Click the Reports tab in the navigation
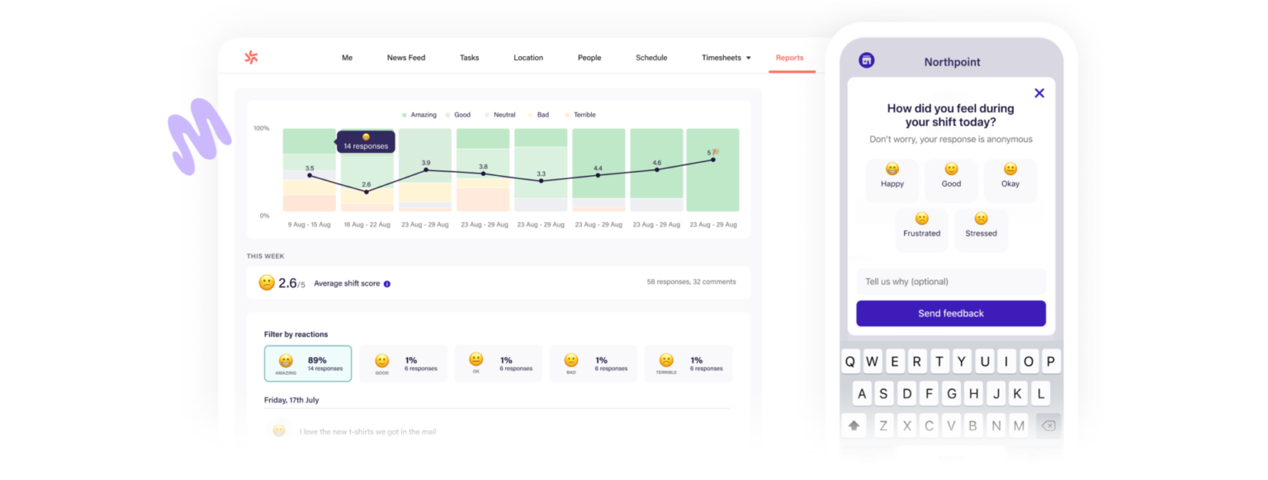(x=789, y=58)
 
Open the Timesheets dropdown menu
(x=726, y=58)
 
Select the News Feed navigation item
(x=406, y=58)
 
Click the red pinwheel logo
(x=251, y=57)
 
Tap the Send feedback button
(x=950, y=313)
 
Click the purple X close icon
(x=1039, y=93)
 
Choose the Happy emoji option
(x=892, y=176)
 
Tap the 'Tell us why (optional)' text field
(x=950, y=282)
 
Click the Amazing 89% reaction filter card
(x=308, y=364)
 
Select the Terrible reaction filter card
(x=688, y=364)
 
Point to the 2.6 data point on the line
(x=367, y=192)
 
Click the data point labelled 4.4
(x=598, y=175)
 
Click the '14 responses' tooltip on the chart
(x=366, y=142)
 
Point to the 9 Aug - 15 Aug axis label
(x=309, y=225)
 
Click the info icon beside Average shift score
(x=387, y=283)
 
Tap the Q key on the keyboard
(x=850, y=362)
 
